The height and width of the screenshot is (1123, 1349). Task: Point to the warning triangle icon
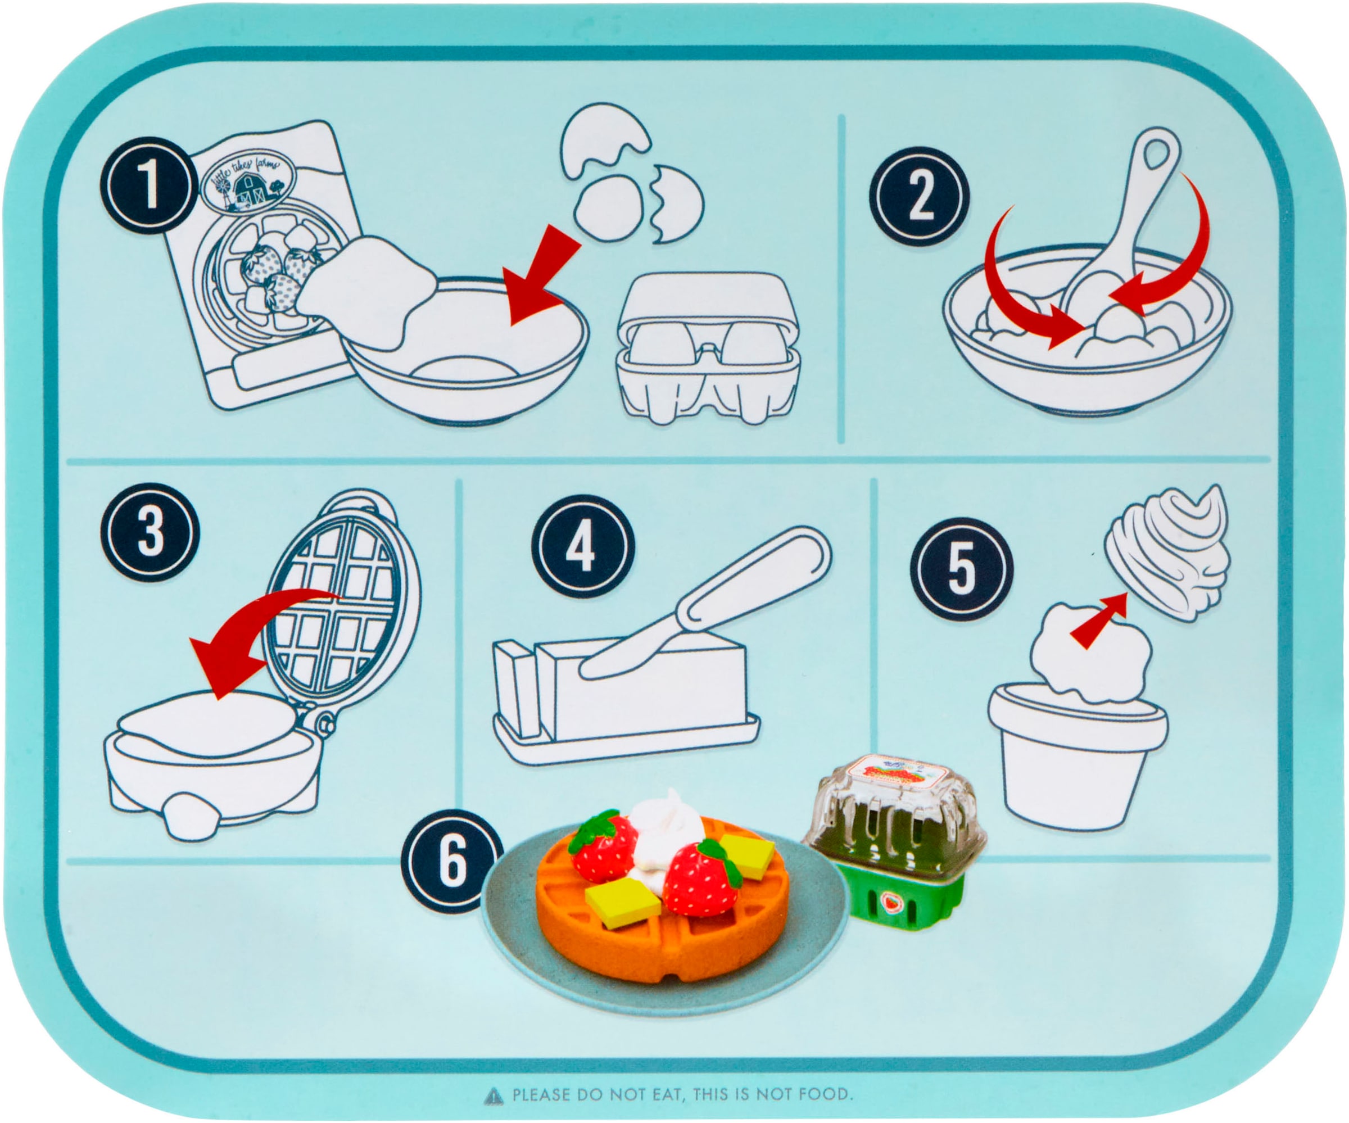[x=493, y=1095]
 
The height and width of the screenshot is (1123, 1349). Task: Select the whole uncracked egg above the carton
[x=607, y=207]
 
